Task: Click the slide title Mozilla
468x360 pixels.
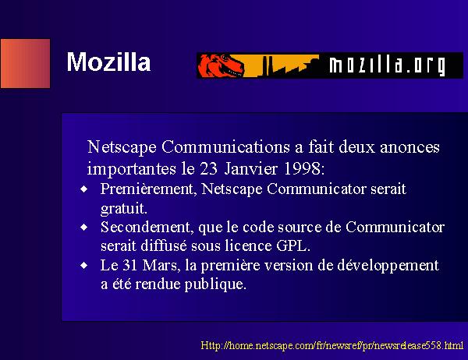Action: pos(108,62)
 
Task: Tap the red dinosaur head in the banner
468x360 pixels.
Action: pos(221,65)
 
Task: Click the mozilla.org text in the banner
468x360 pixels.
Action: pos(388,65)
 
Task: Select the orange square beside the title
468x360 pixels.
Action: pos(26,63)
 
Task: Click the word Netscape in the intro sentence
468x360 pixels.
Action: pos(122,147)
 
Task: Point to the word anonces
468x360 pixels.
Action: pos(409,147)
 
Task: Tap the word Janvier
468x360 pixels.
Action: pos(250,169)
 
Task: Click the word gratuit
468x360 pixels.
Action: pos(123,209)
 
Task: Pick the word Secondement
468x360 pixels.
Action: pos(146,228)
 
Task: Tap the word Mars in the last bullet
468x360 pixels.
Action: pos(161,266)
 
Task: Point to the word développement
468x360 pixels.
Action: pos(388,266)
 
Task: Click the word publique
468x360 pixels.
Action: pos(215,284)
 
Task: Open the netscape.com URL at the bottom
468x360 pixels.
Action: pos(332,345)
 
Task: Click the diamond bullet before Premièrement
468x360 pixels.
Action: pos(84,189)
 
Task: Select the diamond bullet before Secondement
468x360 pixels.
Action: pos(84,228)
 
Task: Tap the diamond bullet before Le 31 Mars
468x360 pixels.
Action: pos(84,266)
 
